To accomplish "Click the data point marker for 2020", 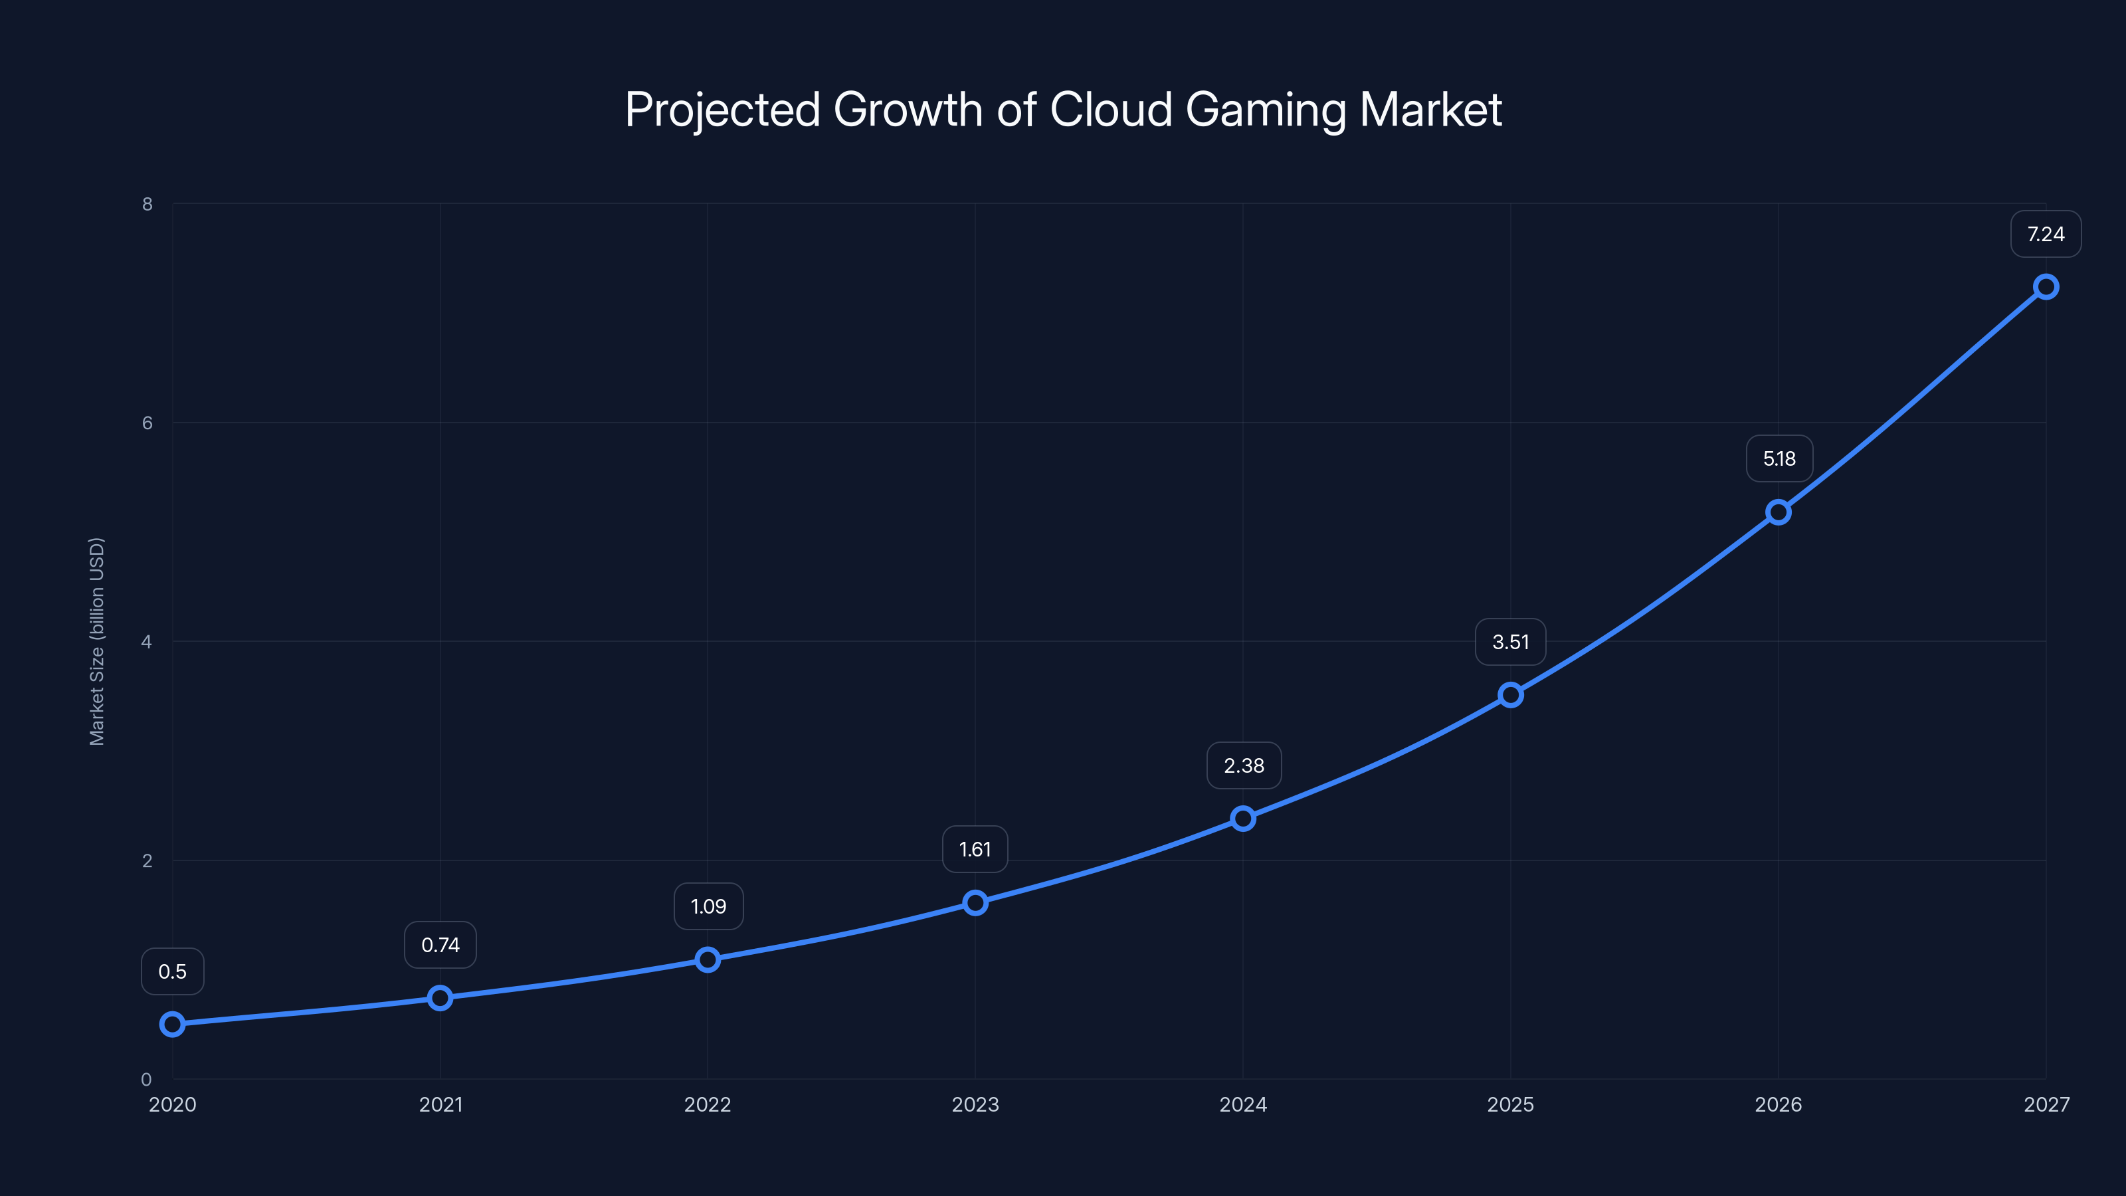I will coord(173,1025).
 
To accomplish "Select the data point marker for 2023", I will coord(975,903).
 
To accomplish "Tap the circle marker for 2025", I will coord(1510,695).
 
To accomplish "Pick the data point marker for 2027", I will coord(2046,287).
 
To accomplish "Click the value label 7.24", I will coord(2046,235).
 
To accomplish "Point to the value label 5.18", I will coord(1779,459).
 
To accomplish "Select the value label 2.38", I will coord(1244,766).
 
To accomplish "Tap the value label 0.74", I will coord(440,945).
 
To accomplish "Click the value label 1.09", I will coord(708,906).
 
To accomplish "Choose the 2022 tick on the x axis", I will coord(708,1104).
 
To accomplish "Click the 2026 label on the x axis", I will coord(1778,1104).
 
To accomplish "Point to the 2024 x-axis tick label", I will coord(1243,1104).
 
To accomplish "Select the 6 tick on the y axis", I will coord(147,423).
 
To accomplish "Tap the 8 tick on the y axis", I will coord(147,204).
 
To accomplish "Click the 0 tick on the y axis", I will coord(147,1079).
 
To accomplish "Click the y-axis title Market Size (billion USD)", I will coord(96,641).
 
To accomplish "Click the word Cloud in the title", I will coord(1111,110).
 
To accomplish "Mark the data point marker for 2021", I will coord(440,998).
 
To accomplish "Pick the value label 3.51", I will coord(1510,642).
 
